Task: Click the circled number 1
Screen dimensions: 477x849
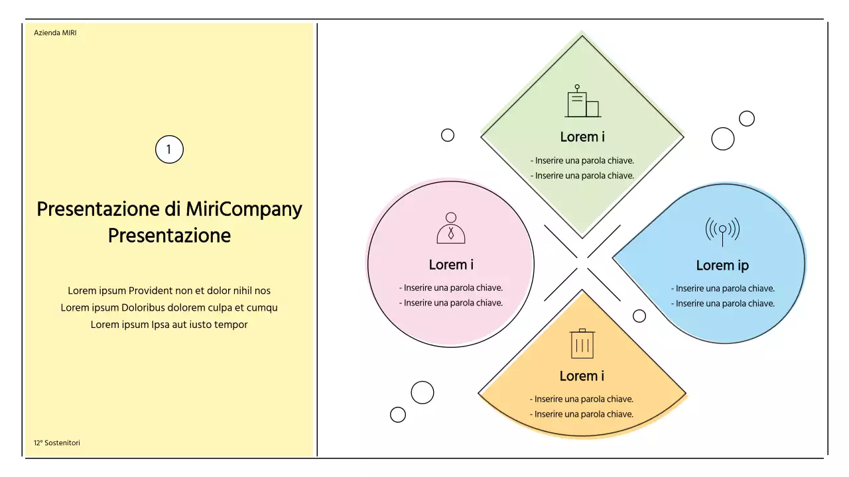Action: (169, 150)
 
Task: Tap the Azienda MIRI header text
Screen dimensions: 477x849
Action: (55, 32)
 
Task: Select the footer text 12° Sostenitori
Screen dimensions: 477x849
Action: (57, 443)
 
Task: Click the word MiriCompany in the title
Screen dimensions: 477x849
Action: (243, 209)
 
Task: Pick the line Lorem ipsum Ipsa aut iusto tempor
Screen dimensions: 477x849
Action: (169, 325)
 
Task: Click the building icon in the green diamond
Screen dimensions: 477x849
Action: (582, 101)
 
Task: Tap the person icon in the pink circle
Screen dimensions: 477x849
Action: (451, 229)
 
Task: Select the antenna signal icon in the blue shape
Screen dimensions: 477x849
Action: (722, 231)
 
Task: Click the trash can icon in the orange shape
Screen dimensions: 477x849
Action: (582, 343)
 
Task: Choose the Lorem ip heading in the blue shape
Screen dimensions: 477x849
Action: (722, 266)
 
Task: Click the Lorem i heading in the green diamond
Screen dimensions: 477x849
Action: (582, 137)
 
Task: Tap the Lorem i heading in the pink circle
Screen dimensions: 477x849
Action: (451, 265)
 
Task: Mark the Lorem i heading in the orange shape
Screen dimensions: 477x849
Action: (582, 376)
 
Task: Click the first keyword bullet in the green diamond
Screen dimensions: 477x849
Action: (582, 160)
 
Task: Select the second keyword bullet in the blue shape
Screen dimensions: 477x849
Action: (723, 303)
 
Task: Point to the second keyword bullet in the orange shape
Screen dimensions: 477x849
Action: (582, 414)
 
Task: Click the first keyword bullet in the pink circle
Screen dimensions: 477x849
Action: (451, 288)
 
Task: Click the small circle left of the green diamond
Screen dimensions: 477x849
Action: (448, 135)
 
